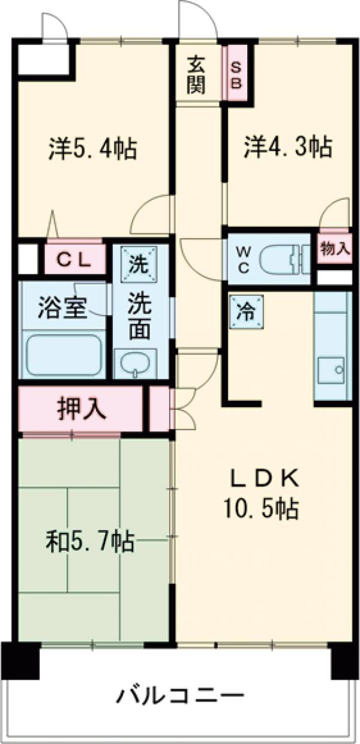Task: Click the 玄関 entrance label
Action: pos(196,74)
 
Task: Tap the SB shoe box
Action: pos(236,74)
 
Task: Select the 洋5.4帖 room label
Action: pos(92,148)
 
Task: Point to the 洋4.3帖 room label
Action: pos(287,146)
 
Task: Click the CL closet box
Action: pos(74,259)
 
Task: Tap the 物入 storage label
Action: pos(335,248)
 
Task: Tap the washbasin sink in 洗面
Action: pos(134,362)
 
